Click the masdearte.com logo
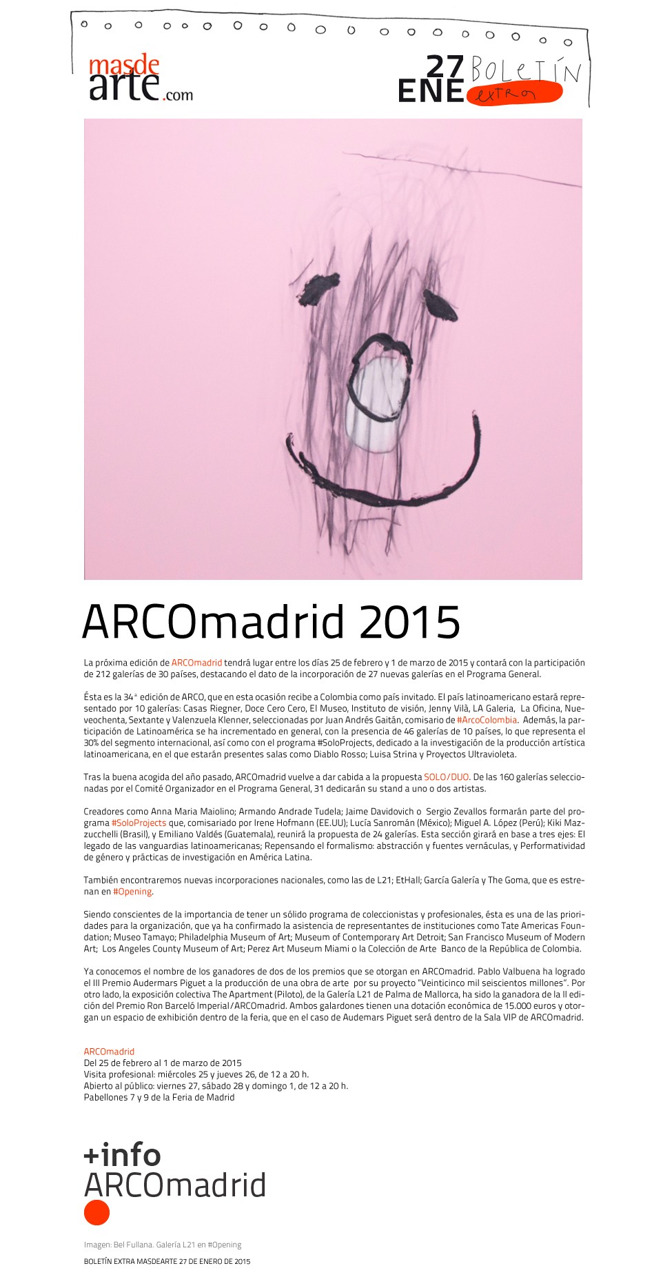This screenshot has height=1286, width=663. click(140, 79)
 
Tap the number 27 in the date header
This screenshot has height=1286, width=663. click(445, 67)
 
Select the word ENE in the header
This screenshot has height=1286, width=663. click(431, 91)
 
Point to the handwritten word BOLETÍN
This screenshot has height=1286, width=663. click(526, 70)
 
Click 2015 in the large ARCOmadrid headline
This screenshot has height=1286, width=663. click(409, 622)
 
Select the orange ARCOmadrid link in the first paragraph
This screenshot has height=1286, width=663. click(196, 663)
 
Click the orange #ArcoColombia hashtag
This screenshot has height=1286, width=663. click(487, 720)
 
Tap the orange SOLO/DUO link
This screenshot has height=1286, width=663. click(446, 777)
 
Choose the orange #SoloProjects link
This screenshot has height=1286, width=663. click(139, 823)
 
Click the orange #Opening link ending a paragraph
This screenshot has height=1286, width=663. click(132, 892)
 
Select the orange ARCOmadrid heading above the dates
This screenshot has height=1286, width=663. click(109, 1052)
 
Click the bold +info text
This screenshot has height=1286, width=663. click(122, 1154)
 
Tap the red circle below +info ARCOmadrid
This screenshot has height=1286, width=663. click(96, 1212)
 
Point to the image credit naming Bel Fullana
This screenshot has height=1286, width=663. click(163, 1245)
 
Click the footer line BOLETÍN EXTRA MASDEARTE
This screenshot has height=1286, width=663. click(167, 1261)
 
